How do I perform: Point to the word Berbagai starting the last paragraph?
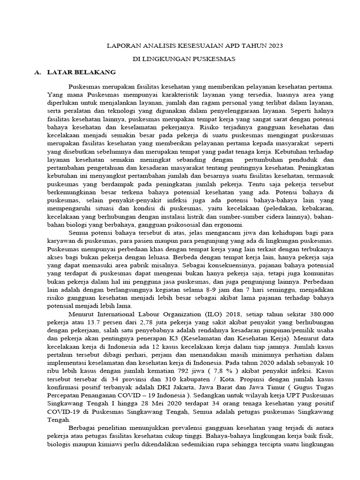[x=84, y=430]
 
